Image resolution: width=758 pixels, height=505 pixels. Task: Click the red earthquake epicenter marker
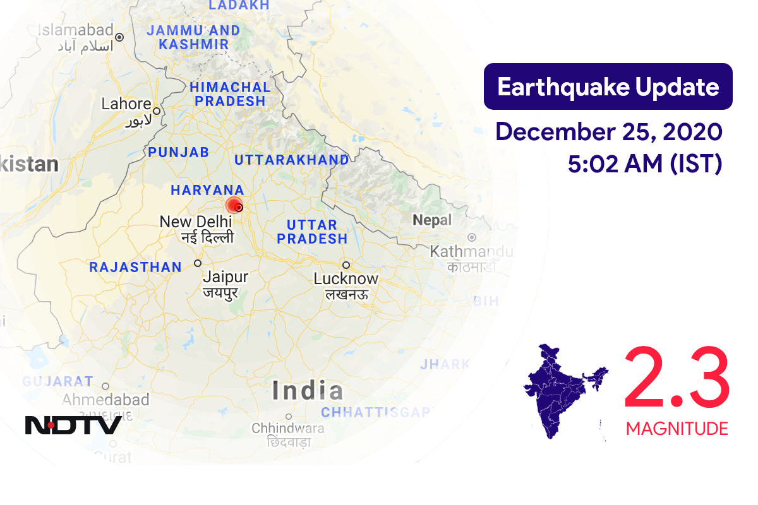pos(234,205)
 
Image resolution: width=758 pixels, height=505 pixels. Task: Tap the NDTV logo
pos(73,425)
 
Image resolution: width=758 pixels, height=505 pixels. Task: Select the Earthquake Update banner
pos(608,86)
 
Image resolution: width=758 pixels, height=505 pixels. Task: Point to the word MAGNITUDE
pos(677,429)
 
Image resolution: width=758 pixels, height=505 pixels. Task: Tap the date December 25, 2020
pos(608,132)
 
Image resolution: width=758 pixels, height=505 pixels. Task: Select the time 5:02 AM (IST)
pos(644,164)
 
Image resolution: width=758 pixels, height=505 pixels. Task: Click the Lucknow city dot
pos(346,264)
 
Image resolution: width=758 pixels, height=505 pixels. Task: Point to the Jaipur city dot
pos(198,263)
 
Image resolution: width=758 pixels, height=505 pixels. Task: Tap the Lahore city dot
pos(155,110)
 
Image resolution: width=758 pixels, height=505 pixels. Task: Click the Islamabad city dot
pos(119,37)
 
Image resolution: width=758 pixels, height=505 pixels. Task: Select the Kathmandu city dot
pos(471,238)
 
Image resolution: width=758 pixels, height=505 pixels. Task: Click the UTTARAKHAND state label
pos(291,160)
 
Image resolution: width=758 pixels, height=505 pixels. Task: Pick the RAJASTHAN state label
pos(135,268)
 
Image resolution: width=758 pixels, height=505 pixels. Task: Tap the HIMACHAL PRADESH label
pos(230,94)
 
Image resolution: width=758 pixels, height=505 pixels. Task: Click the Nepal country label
pos(432,220)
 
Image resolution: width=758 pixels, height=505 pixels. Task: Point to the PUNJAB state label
pos(178,152)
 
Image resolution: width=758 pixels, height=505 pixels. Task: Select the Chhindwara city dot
pos(288,417)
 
